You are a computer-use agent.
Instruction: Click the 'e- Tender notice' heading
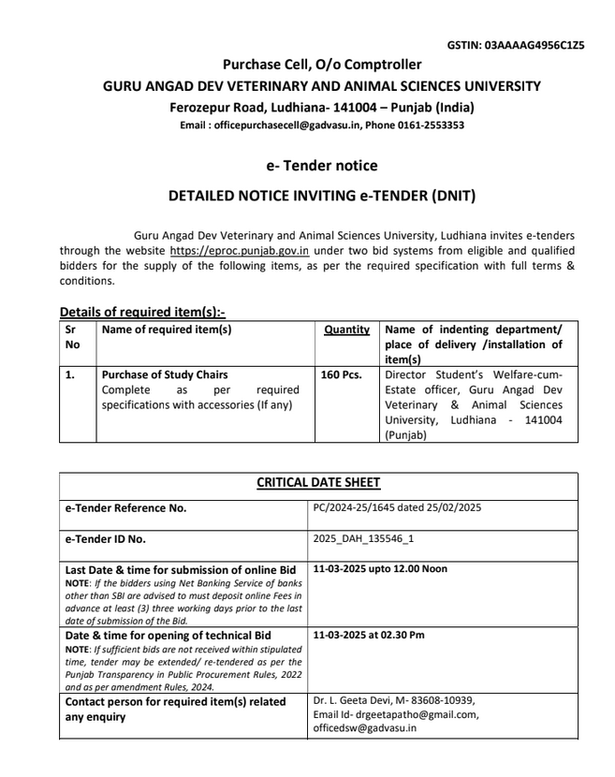tap(321, 166)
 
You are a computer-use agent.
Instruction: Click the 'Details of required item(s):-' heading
tap(142, 312)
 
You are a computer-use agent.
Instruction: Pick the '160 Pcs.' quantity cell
tap(341, 374)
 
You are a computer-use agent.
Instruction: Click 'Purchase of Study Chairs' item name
tap(165, 374)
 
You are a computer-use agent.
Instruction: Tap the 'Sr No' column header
tap(73, 336)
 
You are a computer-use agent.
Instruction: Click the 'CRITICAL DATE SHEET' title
tap(318, 483)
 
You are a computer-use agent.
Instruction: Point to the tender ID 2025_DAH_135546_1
tap(363, 539)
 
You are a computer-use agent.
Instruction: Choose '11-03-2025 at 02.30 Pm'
tap(369, 635)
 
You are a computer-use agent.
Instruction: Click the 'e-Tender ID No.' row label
tap(105, 539)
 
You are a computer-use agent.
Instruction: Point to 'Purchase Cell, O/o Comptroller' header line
tap(321, 65)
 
